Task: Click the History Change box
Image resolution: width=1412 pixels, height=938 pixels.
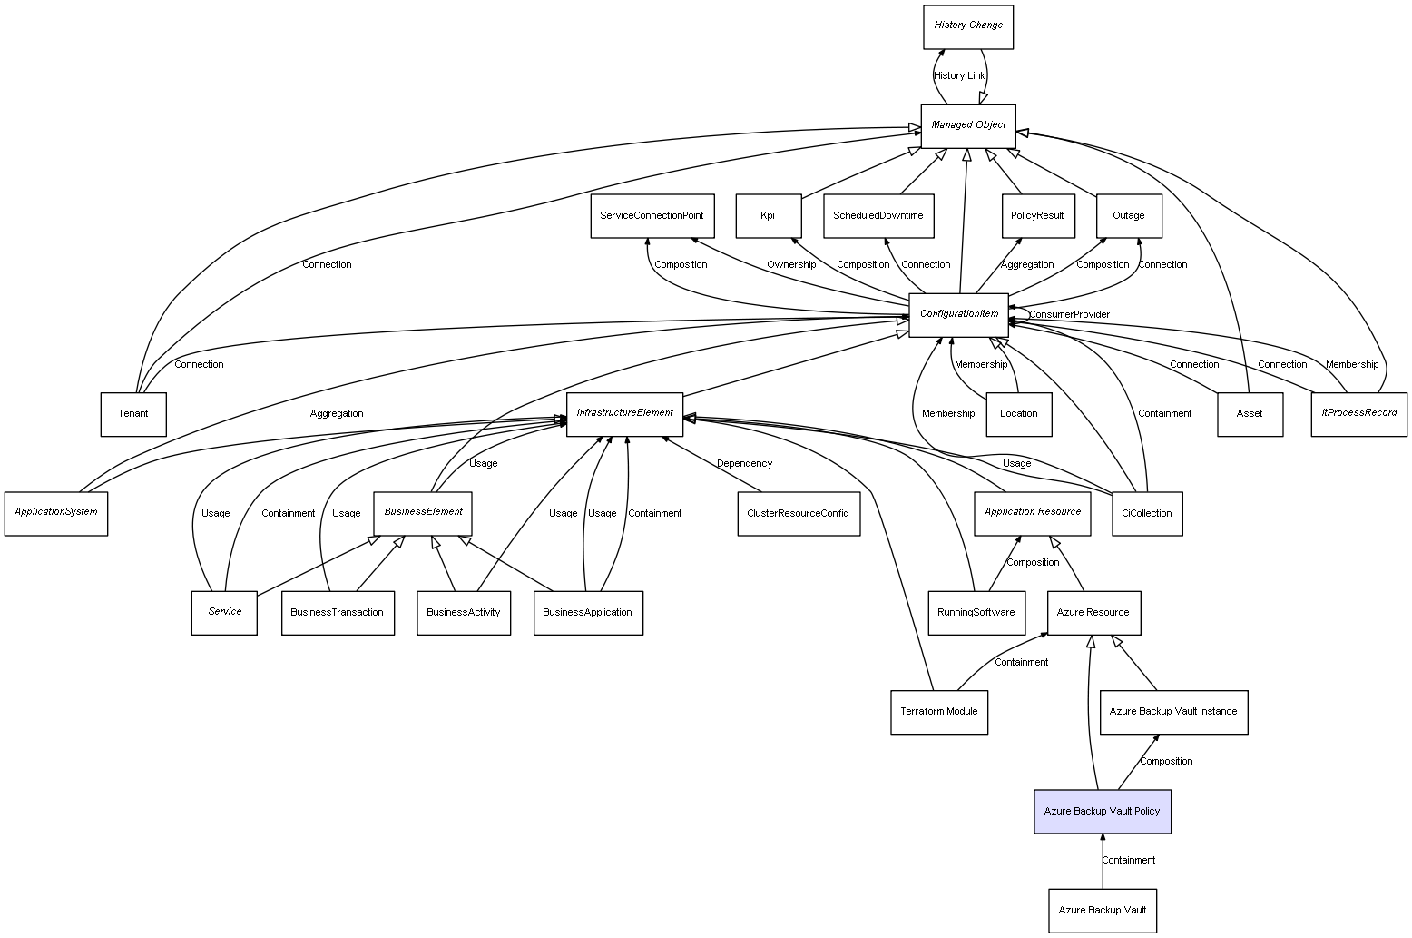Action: pos(967,26)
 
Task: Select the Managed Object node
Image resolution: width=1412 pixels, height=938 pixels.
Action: pos(967,125)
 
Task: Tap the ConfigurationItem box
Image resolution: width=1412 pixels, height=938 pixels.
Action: pos(958,314)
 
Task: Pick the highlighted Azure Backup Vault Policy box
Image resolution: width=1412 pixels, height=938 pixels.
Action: pos(1102,811)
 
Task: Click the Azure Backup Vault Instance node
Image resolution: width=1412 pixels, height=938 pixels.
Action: pos(1173,711)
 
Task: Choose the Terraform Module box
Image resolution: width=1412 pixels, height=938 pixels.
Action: pos(938,711)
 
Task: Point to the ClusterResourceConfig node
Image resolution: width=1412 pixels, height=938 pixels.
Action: pos(798,513)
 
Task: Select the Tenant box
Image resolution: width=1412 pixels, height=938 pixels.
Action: pos(132,413)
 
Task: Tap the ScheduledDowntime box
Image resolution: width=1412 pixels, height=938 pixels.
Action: pos(878,215)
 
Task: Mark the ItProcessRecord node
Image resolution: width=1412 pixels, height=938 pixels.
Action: pos(1358,413)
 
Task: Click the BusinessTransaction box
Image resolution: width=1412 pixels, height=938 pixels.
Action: pos(337,612)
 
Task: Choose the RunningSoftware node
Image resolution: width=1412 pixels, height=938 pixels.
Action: pos(976,612)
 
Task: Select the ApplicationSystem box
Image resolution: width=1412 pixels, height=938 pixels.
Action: pos(55,512)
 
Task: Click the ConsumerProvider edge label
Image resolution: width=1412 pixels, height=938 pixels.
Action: pos(1069,314)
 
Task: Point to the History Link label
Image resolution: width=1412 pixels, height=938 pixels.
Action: pos(959,75)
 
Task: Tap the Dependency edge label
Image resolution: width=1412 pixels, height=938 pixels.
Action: pos(744,463)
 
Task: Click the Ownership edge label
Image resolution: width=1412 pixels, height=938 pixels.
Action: pos(790,264)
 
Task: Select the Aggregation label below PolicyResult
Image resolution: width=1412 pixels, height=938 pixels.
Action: pos(1026,264)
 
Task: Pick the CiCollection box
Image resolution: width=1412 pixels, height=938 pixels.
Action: pos(1146,513)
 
